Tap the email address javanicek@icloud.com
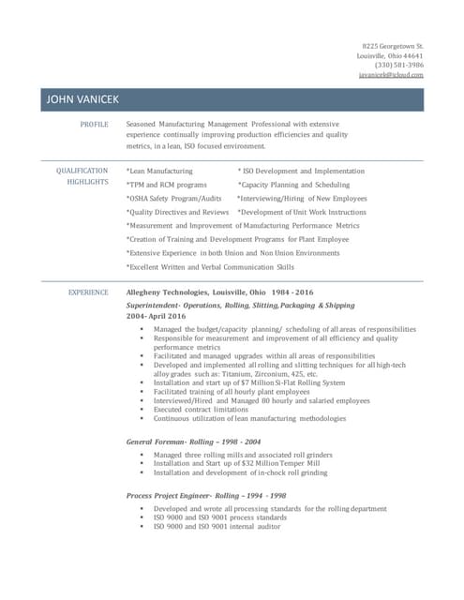[x=391, y=74]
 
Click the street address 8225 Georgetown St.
[x=393, y=46]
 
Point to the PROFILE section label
[x=94, y=124]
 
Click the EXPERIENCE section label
[x=89, y=292]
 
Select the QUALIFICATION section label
[x=82, y=171]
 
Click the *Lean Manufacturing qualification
[x=159, y=172]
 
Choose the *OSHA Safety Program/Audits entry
[x=173, y=199]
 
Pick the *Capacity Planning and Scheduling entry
[x=293, y=185]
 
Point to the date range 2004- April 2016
[x=156, y=316]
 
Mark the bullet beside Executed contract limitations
[x=142, y=410]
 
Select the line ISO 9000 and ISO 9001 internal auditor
[x=217, y=526]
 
